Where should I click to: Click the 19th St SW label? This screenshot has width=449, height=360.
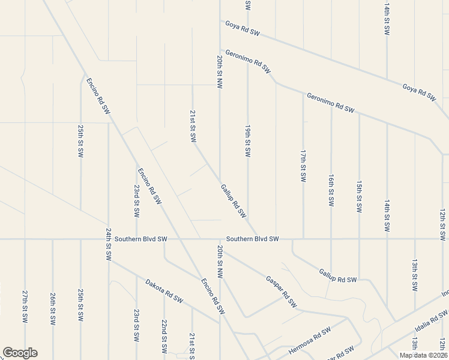[247, 142]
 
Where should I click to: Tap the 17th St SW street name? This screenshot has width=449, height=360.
[303, 166]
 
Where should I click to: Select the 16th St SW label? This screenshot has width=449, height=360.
[331, 190]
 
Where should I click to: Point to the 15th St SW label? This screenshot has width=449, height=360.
[359, 197]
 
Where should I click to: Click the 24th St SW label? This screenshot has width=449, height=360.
[109, 243]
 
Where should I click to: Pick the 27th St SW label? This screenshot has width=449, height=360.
[25, 308]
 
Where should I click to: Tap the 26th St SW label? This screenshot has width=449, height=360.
[53, 308]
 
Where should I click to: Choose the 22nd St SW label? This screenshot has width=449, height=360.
[164, 335]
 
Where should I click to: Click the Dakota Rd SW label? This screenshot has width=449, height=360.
[164, 290]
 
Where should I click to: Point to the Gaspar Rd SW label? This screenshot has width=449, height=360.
[281, 292]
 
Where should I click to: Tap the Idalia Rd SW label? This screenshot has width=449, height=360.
[431, 322]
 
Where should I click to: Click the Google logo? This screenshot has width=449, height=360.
[20, 353]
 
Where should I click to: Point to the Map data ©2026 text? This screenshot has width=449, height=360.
[423, 355]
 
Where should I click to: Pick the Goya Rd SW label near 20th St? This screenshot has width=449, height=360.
[243, 28]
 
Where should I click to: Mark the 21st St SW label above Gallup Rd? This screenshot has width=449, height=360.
[193, 125]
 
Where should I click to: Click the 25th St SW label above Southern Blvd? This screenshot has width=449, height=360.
[80, 142]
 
